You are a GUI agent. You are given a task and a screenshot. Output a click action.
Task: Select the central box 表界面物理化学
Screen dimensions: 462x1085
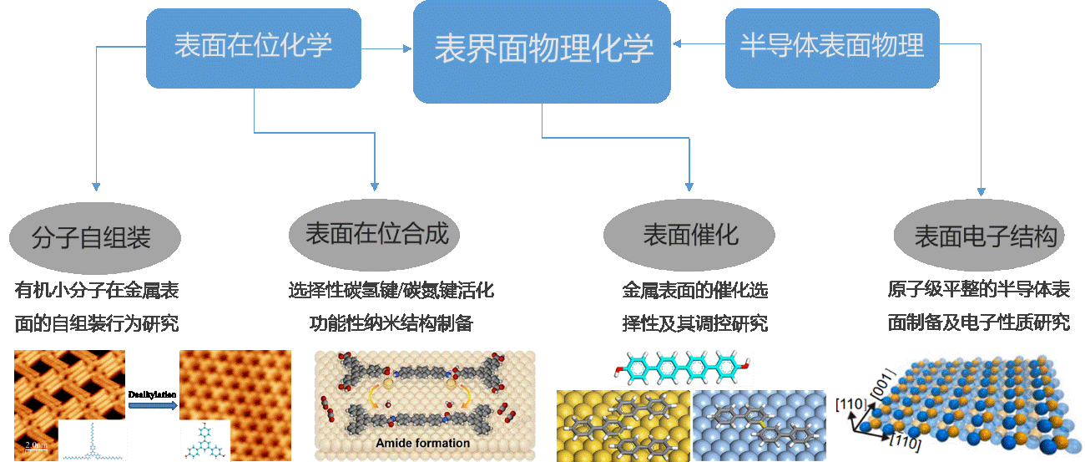[542, 50]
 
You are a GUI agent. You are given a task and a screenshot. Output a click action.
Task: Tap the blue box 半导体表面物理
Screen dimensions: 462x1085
[832, 47]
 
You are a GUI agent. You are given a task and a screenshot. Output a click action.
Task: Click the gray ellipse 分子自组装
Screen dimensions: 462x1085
[95, 237]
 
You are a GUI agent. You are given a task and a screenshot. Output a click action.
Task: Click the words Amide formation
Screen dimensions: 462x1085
[423, 443]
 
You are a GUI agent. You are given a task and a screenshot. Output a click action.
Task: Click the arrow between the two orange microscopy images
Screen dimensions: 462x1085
[153, 406]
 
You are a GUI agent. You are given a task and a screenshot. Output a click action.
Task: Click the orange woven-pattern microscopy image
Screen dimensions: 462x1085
[70, 393]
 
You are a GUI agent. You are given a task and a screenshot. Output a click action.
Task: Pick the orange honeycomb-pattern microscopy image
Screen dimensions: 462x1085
[235, 393]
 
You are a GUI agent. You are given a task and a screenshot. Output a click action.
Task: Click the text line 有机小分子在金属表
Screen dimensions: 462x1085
[97, 291]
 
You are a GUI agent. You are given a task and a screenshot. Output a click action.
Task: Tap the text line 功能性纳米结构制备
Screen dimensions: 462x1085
[391, 323]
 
